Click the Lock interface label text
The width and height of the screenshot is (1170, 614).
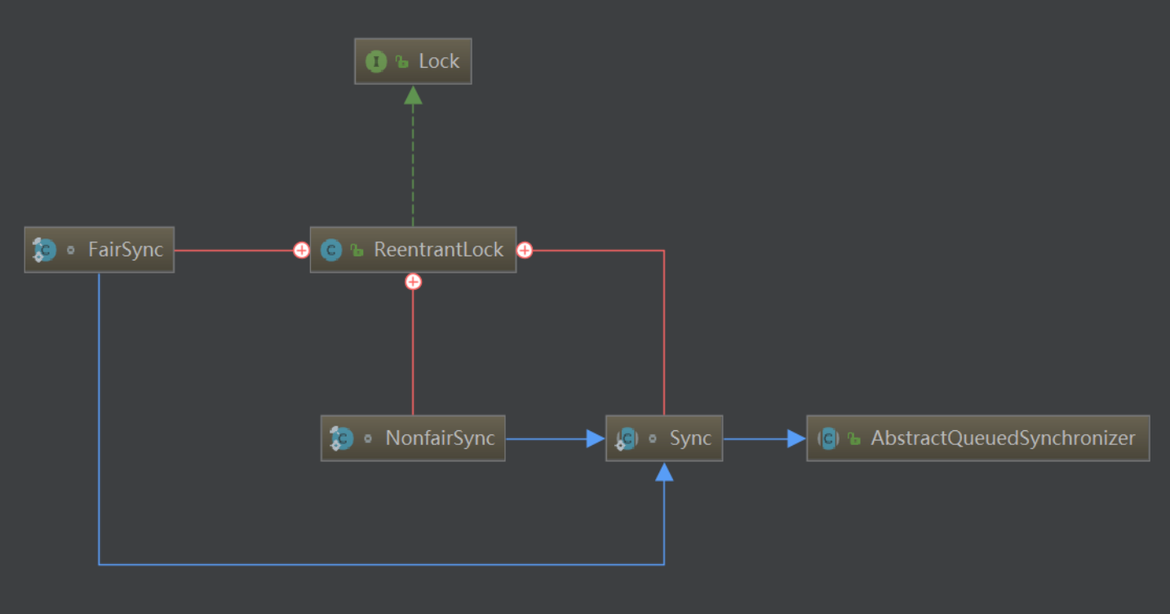(439, 61)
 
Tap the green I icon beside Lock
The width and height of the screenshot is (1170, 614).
(376, 61)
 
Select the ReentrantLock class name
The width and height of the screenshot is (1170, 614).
(438, 250)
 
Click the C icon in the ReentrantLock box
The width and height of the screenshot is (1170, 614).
(331, 250)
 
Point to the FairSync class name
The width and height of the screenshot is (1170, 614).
(126, 250)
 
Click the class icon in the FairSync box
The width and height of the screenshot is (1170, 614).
(44, 250)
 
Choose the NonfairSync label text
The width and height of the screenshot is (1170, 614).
(440, 438)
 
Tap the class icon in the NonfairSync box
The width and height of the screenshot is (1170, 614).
(341, 438)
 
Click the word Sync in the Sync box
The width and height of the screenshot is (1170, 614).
(690, 438)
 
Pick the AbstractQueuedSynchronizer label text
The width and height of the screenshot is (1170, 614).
(1003, 438)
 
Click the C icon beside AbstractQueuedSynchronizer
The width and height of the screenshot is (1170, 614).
(828, 438)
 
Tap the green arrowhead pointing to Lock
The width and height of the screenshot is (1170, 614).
(414, 96)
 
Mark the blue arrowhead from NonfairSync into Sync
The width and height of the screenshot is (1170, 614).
(596, 439)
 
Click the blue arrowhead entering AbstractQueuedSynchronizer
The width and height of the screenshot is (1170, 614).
(796, 439)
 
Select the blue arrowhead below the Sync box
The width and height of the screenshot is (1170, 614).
(664, 472)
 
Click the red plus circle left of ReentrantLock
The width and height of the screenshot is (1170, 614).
(301, 250)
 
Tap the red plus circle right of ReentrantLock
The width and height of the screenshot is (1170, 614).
(525, 250)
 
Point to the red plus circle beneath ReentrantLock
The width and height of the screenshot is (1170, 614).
(414, 282)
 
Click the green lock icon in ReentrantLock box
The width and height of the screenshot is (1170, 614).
(357, 251)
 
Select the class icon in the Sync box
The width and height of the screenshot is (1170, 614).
(626, 438)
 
